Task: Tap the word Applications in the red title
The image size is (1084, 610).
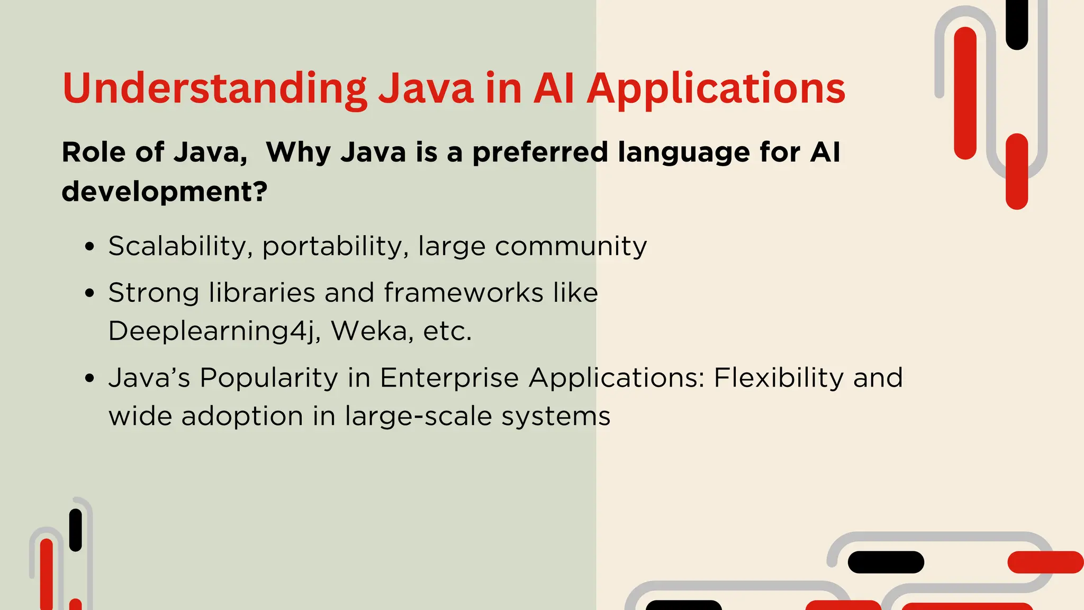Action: pos(716,88)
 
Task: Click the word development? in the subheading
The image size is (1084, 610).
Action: pos(165,191)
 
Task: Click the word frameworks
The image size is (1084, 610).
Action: pos(463,292)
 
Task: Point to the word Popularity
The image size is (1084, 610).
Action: pos(268,379)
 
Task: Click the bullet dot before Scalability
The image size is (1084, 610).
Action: pos(90,247)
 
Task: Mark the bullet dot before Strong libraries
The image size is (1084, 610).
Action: pos(90,293)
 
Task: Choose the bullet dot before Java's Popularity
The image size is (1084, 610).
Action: pos(90,379)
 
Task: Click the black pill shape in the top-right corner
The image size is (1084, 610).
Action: pos(1016,24)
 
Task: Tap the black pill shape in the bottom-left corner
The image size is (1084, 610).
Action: pos(76,530)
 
